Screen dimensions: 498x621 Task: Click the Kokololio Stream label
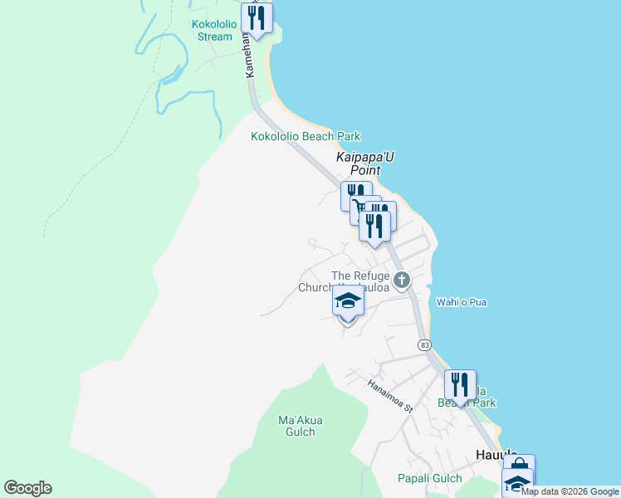pyautogui.click(x=212, y=30)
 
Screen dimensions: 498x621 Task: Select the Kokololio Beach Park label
pyautogui.click(x=306, y=137)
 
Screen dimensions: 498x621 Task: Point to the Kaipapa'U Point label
pyautogui.click(x=357, y=162)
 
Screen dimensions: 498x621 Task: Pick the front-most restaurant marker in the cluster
pyautogui.click(x=374, y=226)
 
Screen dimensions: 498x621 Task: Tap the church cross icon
pyautogui.click(x=402, y=280)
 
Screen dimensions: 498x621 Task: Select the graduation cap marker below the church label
pyautogui.click(x=348, y=301)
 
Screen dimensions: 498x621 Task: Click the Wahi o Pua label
pyautogui.click(x=462, y=302)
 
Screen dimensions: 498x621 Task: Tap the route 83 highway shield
pyautogui.click(x=425, y=344)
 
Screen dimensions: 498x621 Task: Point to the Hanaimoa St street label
pyautogui.click(x=390, y=395)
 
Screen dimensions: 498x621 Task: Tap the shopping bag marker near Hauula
pyautogui.click(x=519, y=466)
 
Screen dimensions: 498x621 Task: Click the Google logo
pyautogui.click(x=28, y=488)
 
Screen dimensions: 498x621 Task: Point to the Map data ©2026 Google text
pyautogui.click(x=570, y=491)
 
